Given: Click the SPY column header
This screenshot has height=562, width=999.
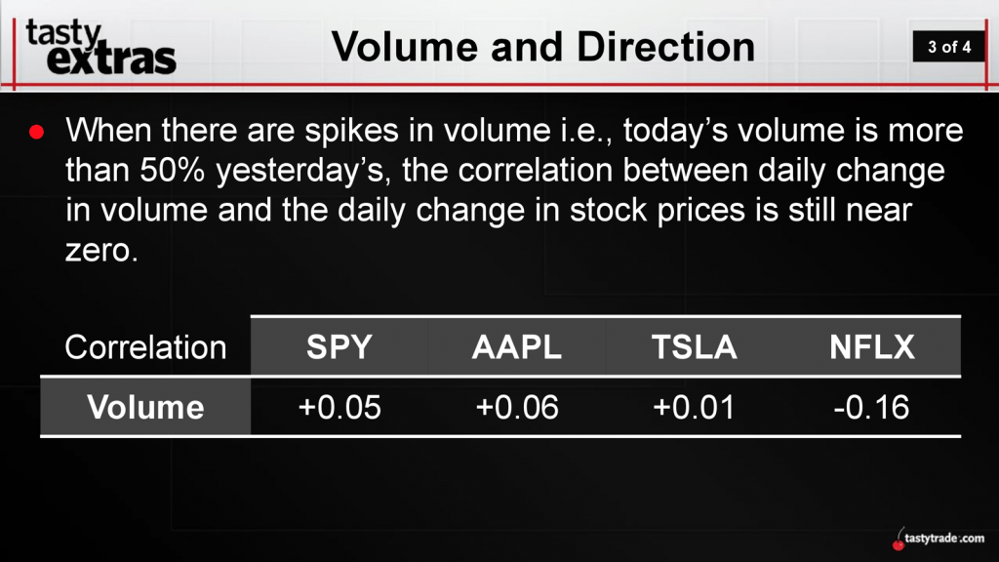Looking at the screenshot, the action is pyautogui.click(x=339, y=347).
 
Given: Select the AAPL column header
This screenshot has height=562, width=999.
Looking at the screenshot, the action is pyautogui.click(x=517, y=347).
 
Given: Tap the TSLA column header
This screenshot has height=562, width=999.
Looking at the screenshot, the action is pyautogui.click(x=695, y=347).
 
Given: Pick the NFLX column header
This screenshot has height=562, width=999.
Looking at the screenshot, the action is pyautogui.click(x=872, y=347).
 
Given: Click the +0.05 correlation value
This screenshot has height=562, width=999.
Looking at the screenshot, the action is pyautogui.click(x=340, y=407).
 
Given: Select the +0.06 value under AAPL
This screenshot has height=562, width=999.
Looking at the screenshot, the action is pyautogui.click(x=517, y=407).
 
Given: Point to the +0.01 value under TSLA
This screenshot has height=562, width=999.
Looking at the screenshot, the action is pyautogui.click(x=694, y=407).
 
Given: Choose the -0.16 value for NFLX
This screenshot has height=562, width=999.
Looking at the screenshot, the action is pyautogui.click(x=871, y=407).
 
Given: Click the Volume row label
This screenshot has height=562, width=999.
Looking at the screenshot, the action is pyautogui.click(x=145, y=407).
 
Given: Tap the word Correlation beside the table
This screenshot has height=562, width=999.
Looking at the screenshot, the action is pyautogui.click(x=145, y=348).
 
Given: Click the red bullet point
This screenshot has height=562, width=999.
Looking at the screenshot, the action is pyautogui.click(x=36, y=132).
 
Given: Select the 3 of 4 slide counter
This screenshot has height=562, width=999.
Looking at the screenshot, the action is pyautogui.click(x=949, y=47).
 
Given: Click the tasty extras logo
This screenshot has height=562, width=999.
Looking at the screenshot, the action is pyautogui.click(x=100, y=47).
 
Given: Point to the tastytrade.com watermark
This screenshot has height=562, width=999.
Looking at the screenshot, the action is pyautogui.click(x=939, y=539).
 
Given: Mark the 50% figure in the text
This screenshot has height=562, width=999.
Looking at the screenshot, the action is pyautogui.click(x=172, y=170).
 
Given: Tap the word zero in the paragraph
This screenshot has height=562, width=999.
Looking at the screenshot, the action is pyautogui.click(x=101, y=251).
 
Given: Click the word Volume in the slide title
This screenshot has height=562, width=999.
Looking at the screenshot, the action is pyautogui.click(x=405, y=47).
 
